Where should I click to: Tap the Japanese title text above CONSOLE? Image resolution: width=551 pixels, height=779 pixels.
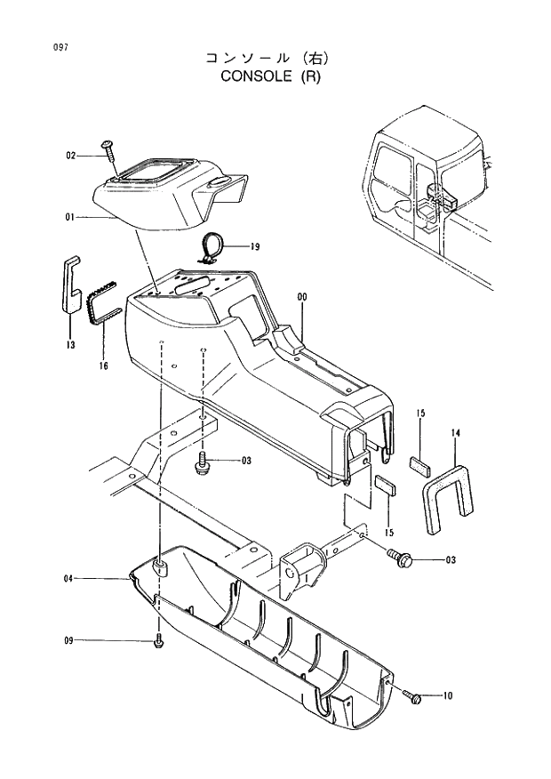268,58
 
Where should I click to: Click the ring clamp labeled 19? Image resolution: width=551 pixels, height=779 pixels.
212,246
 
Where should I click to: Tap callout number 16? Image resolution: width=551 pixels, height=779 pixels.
103,365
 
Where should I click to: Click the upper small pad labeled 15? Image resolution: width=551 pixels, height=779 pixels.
419,462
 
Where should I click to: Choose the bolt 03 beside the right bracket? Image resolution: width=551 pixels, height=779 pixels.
398,558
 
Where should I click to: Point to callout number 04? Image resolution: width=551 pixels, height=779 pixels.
68,579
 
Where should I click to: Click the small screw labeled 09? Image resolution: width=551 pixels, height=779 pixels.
159,639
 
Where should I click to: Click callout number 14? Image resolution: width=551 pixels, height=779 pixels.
455,433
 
